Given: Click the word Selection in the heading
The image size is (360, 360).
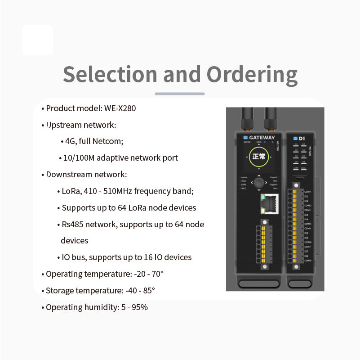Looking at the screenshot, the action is click(110, 74).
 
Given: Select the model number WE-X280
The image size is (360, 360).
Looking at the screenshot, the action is click(120, 108).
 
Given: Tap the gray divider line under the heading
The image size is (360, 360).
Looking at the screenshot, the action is click(180, 94).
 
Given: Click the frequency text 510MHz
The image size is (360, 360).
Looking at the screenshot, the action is click(117, 191).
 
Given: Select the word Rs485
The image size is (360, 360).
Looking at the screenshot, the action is click(71, 225).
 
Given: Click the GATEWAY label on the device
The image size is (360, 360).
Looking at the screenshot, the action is click(262, 137).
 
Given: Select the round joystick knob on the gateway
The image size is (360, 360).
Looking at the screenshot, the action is click(258, 183).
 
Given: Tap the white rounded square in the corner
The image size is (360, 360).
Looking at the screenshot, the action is click(38, 40).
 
